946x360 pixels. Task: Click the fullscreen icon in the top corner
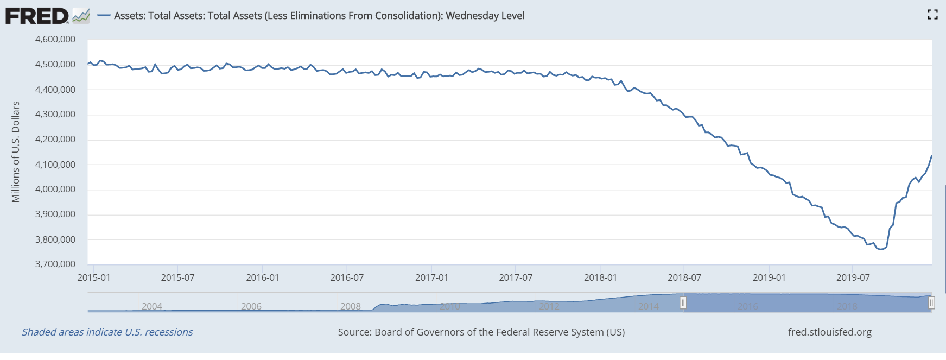[932, 15]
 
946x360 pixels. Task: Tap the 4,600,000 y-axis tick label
[55, 39]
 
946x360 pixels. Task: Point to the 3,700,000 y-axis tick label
[55, 264]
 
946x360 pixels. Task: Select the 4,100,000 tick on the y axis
[55, 165]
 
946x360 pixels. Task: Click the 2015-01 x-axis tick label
[93, 277]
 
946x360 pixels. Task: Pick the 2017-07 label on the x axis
[516, 277]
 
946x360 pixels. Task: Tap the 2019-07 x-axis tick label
[853, 277]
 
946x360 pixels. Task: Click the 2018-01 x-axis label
[600, 277]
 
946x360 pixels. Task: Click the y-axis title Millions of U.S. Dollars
[16, 151]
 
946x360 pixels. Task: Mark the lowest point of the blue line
[880, 250]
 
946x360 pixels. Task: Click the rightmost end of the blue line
[931, 156]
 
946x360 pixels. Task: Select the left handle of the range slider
[683, 302]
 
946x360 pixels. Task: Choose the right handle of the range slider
[931, 302]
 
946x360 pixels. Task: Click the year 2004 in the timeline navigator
[152, 306]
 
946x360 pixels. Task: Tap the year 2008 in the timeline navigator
[351, 306]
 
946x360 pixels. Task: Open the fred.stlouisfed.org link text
[830, 332]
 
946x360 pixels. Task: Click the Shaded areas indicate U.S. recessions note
[107, 332]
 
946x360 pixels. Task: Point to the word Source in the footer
[354, 332]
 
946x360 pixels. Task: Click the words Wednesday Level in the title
[485, 16]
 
